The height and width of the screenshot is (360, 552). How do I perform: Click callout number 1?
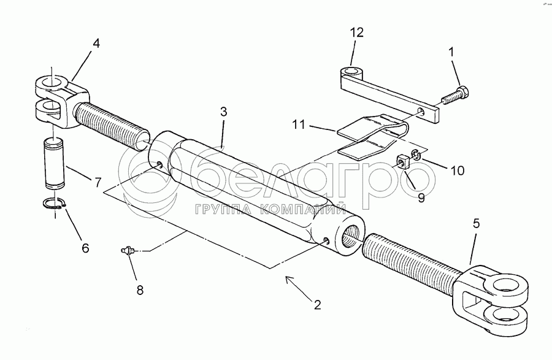click(x=452, y=53)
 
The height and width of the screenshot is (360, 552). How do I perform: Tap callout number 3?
click(x=224, y=112)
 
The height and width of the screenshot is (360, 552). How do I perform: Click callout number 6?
click(x=85, y=248)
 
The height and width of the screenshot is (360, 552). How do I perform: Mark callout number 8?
click(x=140, y=290)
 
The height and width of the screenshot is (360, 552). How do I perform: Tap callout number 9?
click(x=421, y=198)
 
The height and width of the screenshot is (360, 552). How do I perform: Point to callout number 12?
click(x=357, y=32)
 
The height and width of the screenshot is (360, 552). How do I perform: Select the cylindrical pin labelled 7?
click(x=54, y=164)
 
